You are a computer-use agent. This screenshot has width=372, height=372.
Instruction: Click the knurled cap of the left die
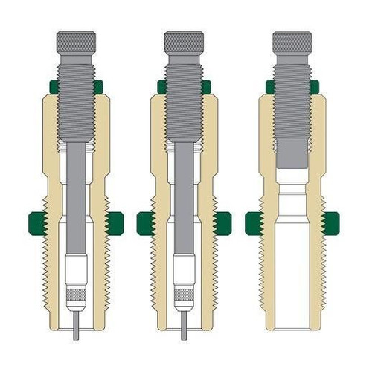click(x=76, y=42)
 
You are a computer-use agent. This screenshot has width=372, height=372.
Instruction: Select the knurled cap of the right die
click(x=292, y=42)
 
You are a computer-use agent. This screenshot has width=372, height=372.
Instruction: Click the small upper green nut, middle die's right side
click(x=206, y=87)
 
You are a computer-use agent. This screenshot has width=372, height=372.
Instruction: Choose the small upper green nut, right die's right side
click(x=315, y=87)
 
